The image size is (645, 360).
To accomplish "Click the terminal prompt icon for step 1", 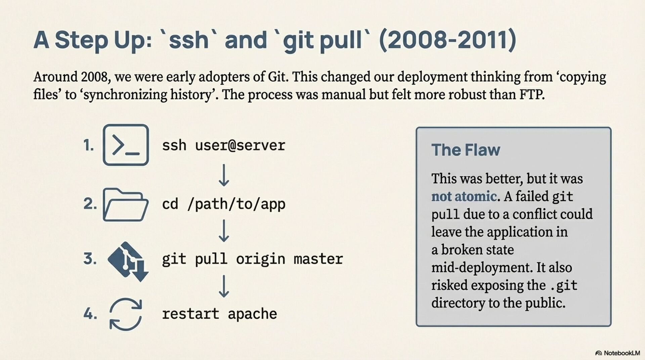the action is (x=126, y=145).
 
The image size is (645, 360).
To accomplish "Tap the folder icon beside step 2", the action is (x=125, y=205).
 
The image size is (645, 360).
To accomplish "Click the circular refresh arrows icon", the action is (x=126, y=314).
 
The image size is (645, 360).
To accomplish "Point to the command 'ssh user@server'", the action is (x=223, y=145).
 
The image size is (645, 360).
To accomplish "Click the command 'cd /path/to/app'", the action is (x=223, y=204).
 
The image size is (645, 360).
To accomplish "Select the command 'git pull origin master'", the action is (x=252, y=259).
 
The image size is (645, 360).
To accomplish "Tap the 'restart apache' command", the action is (x=219, y=314).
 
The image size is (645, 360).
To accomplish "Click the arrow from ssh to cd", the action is (x=224, y=175).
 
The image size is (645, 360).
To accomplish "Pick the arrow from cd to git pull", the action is (x=224, y=231).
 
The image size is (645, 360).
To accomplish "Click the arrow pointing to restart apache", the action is (x=224, y=286).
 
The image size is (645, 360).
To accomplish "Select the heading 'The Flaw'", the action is (x=466, y=150).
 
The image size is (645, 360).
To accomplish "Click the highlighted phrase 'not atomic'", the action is (x=464, y=196).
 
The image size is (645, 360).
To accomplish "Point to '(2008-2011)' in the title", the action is (x=447, y=40).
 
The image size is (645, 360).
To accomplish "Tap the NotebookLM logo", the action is (x=617, y=353).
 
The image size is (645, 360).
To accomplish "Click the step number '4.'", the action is (x=90, y=314).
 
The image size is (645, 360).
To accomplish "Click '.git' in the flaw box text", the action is (x=564, y=285).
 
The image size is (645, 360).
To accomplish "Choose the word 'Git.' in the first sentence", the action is (x=278, y=77).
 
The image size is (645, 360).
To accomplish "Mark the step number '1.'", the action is (x=89, y=145).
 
